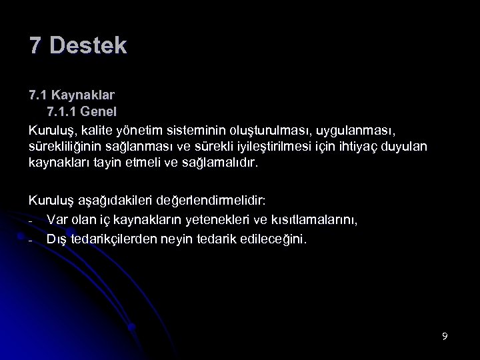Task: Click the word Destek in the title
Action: click(88, 46)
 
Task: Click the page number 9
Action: click(445, 336)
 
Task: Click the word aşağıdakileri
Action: click(113, 199)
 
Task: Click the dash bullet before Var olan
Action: click(31, 220)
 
